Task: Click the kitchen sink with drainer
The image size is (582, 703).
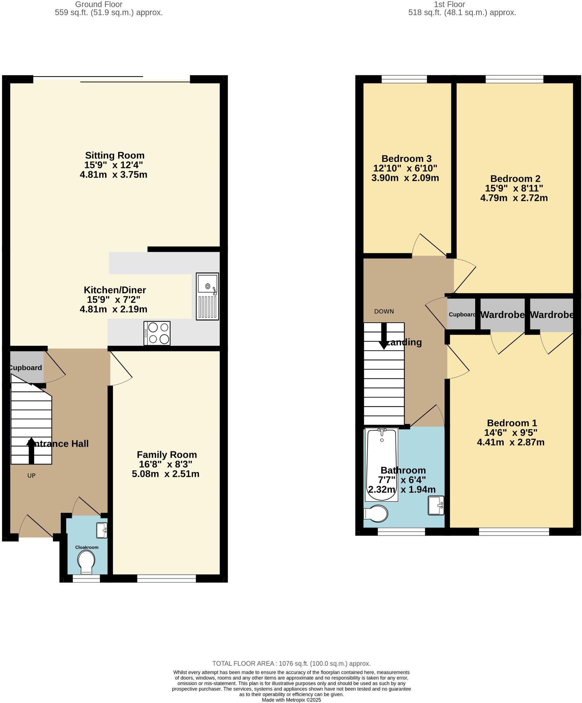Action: click(207, 296)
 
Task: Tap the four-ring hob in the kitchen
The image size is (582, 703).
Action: click(157, 333)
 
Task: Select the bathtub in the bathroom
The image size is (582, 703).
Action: click(382, 464)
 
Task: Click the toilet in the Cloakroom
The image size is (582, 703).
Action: click(86, 561)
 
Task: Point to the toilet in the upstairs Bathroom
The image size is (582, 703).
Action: click(376, 514)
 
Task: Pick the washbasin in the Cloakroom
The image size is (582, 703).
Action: click(102, 530)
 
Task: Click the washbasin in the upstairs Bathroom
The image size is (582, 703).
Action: click(436, 505)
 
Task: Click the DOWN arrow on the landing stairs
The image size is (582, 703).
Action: click(384, 336)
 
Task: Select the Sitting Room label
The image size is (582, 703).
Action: click(115, 155)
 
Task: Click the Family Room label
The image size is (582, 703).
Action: click(167, 454)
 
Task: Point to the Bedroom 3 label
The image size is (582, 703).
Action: click(406, 159)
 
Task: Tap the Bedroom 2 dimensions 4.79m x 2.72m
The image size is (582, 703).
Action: click(514, 198)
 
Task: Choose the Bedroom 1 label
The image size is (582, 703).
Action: click(512, 423)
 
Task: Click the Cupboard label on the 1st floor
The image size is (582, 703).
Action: click(462, 315)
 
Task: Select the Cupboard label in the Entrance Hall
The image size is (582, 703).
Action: click(25, 368)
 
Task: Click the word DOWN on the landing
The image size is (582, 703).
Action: click(384, 311)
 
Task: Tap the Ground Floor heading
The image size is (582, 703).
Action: click(99, 5)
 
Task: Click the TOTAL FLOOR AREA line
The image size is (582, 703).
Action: click(291, 664)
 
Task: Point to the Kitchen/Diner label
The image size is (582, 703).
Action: click(115, 290)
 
